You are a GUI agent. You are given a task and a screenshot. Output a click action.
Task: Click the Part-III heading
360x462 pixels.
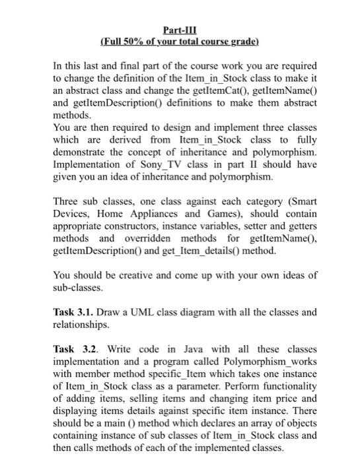pos(180,30)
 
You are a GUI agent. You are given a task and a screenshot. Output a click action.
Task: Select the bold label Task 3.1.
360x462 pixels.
pos(73,311)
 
